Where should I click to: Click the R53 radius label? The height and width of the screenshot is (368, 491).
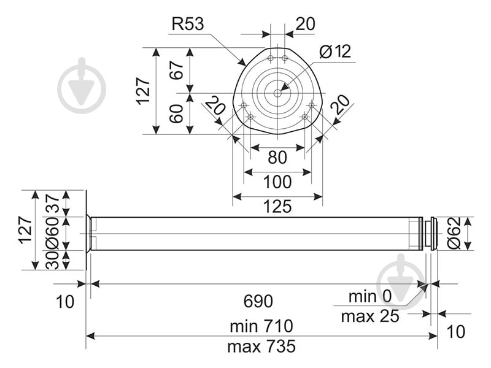[x=187, y=25]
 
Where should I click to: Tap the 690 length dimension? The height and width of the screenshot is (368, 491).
[x=258, y=301]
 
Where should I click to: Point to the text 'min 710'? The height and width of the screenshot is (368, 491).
[x=261, y=325]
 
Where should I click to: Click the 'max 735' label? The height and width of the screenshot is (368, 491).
[x=261, y=347]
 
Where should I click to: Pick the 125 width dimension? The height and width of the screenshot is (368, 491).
[x=277, y=207]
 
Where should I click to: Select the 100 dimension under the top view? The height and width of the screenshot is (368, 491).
[x=277, y=183]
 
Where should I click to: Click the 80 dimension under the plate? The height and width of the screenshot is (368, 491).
[x=277, y=158]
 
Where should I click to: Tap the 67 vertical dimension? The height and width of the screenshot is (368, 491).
[x=177, y=70]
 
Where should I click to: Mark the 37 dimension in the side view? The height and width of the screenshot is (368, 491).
[x=52, y=203]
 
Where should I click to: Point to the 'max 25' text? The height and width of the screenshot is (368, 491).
[x=370, y=316]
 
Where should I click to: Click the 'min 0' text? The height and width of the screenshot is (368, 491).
[x=370, y=297]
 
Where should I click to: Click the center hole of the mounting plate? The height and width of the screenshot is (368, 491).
[x=277, y=93]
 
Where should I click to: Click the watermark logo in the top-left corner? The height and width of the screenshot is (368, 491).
[x=82, y=86]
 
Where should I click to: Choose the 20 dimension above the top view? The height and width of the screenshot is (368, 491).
[x=305, y=24]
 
